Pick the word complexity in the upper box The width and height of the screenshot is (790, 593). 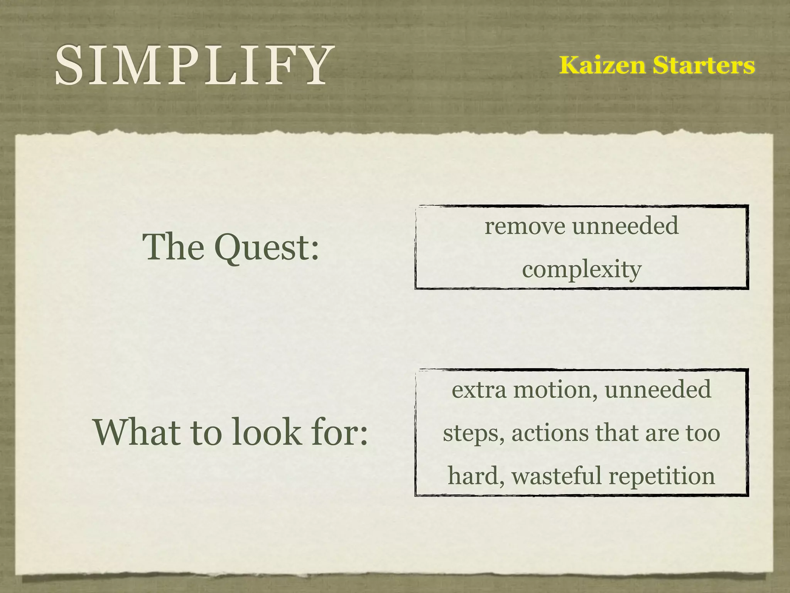pos(581,269)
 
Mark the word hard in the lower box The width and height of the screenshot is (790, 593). pos(475,476)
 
